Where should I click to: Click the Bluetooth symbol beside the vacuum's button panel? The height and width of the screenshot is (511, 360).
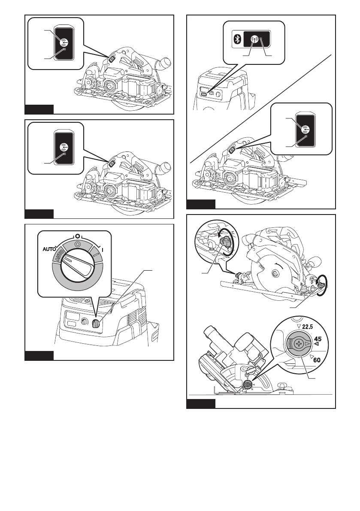tap(236, 39)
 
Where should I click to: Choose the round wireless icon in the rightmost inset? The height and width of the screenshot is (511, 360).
tap(305, 129)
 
